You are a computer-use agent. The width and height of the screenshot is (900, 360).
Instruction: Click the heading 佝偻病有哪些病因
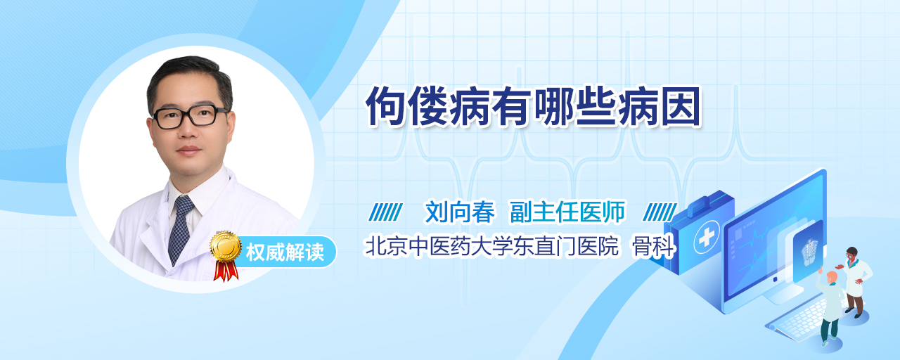(x=533, y=106)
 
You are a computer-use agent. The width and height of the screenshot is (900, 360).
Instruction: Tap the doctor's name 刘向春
(x=460, y=212)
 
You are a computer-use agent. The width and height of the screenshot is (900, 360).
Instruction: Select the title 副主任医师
(x=567, y=212)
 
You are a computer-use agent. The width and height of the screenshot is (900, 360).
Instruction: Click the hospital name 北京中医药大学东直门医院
(x=491, y=246)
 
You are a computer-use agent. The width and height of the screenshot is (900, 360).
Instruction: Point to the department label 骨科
(x=654, y=246)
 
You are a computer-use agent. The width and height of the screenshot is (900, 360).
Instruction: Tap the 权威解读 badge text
(x=285, y=252)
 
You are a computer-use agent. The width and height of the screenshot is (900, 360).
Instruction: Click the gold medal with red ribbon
(x=226, y=255)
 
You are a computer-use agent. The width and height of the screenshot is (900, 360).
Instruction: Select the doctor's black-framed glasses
(x=190, y=117)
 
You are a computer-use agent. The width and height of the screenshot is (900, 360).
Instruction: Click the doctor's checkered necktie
(x=181, y=229)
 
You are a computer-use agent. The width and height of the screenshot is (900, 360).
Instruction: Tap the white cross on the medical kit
(x=707, y=237)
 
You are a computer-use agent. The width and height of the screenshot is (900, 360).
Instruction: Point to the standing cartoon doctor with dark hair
(x=856, y=282)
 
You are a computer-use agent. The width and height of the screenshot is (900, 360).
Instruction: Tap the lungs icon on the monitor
(x=809, y=252)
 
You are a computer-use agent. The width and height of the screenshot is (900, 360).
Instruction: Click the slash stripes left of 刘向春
(x=385, y=212)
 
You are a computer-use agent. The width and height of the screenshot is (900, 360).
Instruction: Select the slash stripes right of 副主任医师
(x=660, y=212)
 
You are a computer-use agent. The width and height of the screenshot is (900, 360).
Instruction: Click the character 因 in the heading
(x=681, y=107)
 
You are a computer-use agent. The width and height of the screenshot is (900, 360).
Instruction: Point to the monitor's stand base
(x=780, y=294)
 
